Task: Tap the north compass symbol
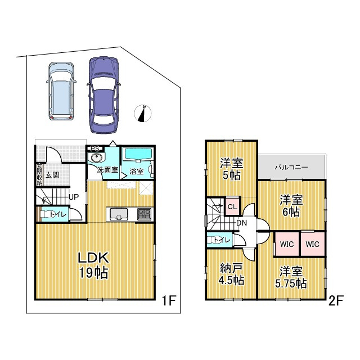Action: click(x=145, y=113)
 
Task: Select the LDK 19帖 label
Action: click(x=93, y=265)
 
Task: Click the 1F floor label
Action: click(x=169, y=300)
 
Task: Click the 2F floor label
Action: click(x=336, y=300)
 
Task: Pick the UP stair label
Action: click(x=73, y=198)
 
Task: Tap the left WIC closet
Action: click(x=286, y=244)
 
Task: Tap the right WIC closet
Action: click(x=313, y=244)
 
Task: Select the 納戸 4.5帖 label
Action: click(x=231, y=274)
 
